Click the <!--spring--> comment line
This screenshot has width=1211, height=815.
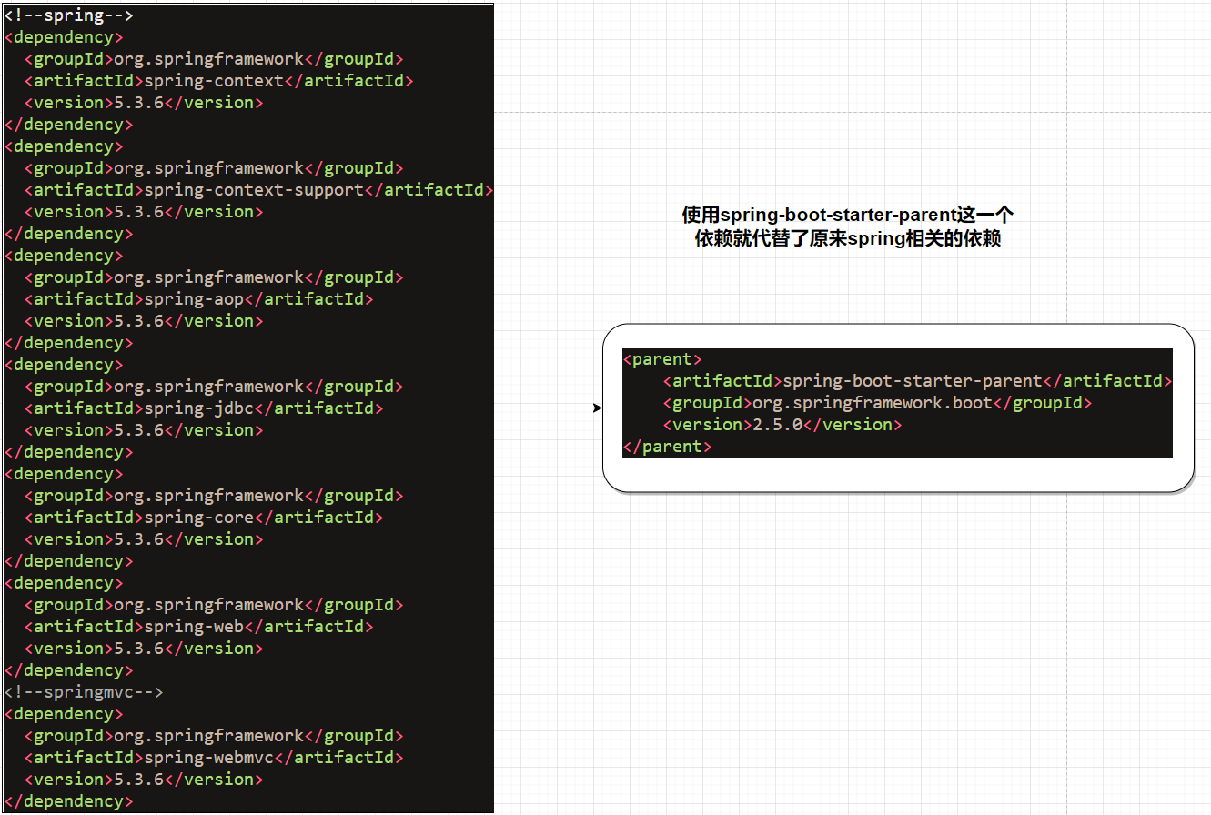tap(68, 15)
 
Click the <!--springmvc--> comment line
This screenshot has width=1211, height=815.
tap(84, 692)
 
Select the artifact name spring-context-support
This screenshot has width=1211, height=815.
tap(254, 190)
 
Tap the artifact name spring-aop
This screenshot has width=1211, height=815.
tap(194, 299)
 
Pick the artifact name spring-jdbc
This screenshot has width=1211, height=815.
tap(199, 408)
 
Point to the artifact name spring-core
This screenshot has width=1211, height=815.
tap(199, 518)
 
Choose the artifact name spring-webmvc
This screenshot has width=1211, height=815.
tap(208, 758)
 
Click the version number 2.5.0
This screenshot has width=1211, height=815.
tap(777, 425)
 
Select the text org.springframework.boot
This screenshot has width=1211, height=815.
tap(872, 403)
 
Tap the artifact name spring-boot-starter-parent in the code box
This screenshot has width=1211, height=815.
tap(912, 381)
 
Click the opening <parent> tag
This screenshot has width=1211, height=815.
tap(662, 359)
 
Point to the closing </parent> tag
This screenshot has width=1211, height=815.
tap(667, 447)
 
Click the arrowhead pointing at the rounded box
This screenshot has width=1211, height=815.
tap(598, 407)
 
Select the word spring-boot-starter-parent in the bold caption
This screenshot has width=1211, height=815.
tap(839, 215)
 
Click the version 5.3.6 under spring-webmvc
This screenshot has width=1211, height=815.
tap(138, 780)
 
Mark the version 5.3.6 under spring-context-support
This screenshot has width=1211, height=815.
tap(138, 212)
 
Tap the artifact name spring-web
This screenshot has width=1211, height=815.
tap(194, 627)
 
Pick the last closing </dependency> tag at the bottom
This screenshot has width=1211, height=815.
tap(68, 801)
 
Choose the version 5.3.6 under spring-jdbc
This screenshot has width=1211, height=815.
tap(138, 430)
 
